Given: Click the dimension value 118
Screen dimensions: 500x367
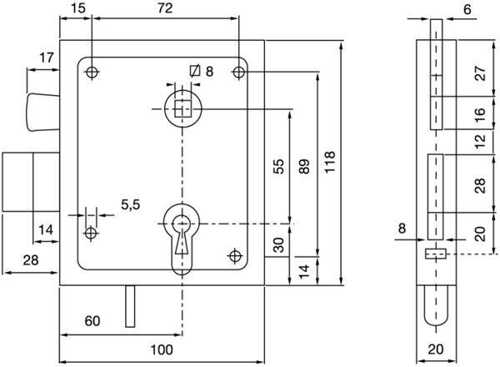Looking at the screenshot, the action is pyautogui.click(x=330, y=162).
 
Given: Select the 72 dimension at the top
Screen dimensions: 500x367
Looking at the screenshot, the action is pyautogui.click(x=165, y=8).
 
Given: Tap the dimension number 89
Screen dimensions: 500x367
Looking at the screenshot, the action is pyautogui.click(x=304, y=166).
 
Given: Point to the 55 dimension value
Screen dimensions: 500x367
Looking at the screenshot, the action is pyautogui.click(x=278, y=166).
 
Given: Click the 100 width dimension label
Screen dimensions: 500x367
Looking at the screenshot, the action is pyautogui.click(x=162, y=349).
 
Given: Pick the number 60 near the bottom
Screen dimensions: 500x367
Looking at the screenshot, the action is pyautogui.click(x=92, y=321).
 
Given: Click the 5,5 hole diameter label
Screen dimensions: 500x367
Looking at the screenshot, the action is pyautogui.click(x=131, y=204).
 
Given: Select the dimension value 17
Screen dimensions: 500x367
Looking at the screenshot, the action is pyautogui.click(x=47, y=58).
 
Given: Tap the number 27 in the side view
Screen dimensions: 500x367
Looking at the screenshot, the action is pyautogui.click(x=481, y=73).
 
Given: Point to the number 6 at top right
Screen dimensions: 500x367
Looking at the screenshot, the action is pyautogui.click(x=467, y=9).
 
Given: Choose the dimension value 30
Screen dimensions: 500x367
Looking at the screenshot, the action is pyautogui.click(x=278, y=244).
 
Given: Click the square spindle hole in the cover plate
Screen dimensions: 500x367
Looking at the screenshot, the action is pyautogui.click(x=182, y=108).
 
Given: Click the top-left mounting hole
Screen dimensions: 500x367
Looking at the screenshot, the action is pyautogui.click(x=92, y=72).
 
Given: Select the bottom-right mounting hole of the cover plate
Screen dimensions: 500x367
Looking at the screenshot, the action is pyautogui.click(x=235, y=255).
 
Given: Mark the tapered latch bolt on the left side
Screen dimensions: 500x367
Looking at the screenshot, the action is pyautogui.click(x=43, y=113).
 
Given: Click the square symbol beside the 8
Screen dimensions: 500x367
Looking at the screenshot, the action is pyautogui.click(x=195, y=71).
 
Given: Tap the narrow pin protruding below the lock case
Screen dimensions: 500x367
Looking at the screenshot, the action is pyautogui.click(x=130, y=306).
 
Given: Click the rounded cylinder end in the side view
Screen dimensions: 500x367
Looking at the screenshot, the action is pyautogui.click(x=436, y=306).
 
